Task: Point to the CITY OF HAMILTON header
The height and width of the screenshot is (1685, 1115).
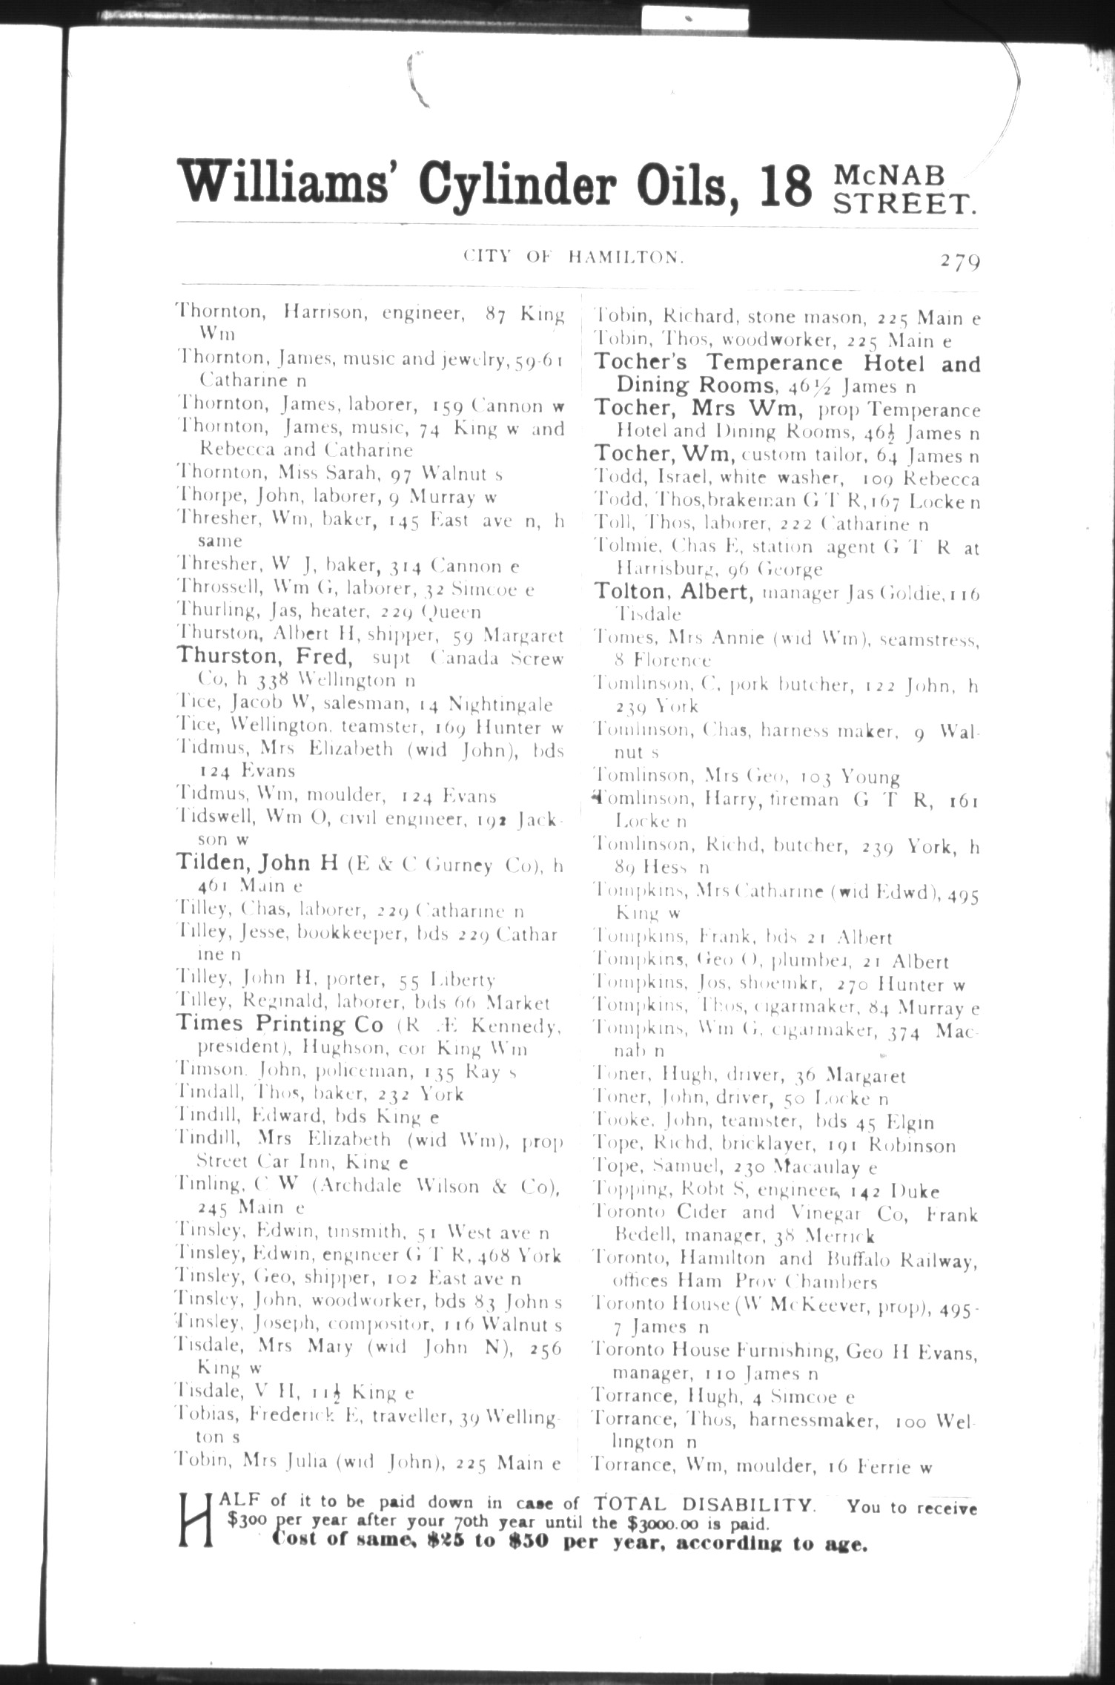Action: click(572, 257)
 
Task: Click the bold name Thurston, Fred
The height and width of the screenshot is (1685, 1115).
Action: click(262, 657)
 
